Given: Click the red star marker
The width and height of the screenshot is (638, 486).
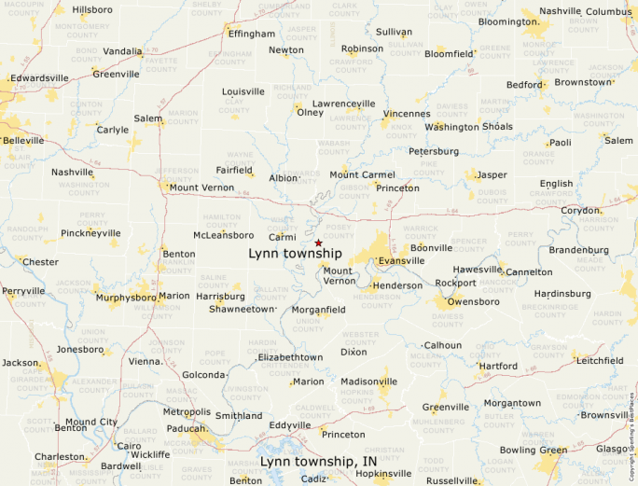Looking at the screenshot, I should [x=318, y=243].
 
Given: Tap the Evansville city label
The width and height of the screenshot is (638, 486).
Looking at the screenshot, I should [x=401, y=261].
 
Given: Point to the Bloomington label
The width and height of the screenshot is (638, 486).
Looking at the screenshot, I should [x=508, y=21].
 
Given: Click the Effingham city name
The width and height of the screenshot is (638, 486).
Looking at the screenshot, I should [x=252, y=34].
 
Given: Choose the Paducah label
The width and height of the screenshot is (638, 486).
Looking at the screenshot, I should [x=187, y=429].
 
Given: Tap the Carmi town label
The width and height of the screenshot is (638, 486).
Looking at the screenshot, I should [x=283, y=237].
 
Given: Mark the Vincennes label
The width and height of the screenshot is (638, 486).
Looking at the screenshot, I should [x=406, y=113].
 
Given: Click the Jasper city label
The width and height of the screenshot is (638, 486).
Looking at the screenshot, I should [x=492, y=174].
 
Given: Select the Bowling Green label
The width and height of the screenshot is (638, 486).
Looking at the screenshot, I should [x=533, y=451].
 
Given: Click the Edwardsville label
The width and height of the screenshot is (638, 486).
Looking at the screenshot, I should [x=42, y=78].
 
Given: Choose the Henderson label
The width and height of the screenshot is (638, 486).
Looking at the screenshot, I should [x=397, y=285].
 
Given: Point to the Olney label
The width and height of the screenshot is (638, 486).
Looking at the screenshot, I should [x=310, y=113].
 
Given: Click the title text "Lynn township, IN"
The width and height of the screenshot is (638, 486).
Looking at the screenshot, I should [x=318, y=462].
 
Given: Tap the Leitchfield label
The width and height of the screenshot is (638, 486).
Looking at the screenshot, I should [x=601, y=360].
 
